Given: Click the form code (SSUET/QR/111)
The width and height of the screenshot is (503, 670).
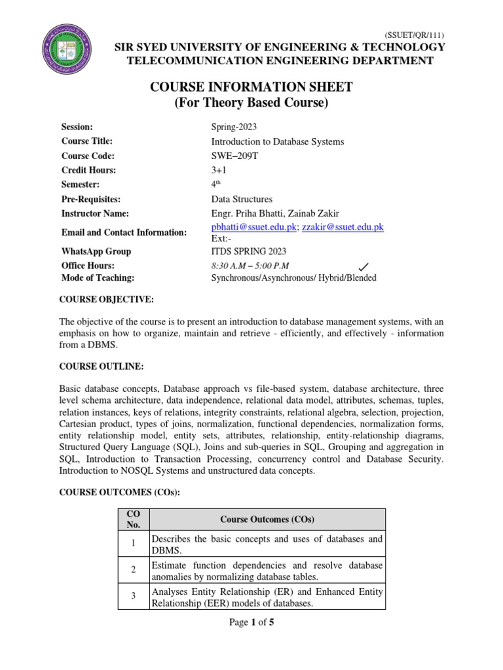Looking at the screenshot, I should coord(417,35).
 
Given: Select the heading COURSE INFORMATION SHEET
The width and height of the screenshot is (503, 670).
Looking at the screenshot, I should coord(251,88).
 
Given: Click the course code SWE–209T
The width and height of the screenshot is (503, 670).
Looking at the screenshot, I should coord(236,156).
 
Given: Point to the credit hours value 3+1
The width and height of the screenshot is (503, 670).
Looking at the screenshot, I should coord(219,170).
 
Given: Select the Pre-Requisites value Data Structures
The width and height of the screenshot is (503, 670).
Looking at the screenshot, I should coord(242,199).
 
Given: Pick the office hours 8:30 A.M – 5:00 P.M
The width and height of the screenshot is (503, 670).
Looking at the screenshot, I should coord(250,266).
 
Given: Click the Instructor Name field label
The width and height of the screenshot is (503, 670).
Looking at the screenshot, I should coord(95,213).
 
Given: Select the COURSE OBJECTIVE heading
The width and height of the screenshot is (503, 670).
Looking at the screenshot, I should coord(107,299).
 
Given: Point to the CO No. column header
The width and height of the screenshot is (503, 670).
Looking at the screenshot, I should coord(134,520).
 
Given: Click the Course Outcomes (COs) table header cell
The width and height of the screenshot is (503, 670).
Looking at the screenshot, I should coord(267,520).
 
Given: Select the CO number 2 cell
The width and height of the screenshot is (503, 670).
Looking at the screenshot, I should coord(134,570).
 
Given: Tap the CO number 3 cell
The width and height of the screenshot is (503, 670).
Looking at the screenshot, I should coord(134,597).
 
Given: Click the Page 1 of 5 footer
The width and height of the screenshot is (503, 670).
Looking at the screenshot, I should coord(251,622).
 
